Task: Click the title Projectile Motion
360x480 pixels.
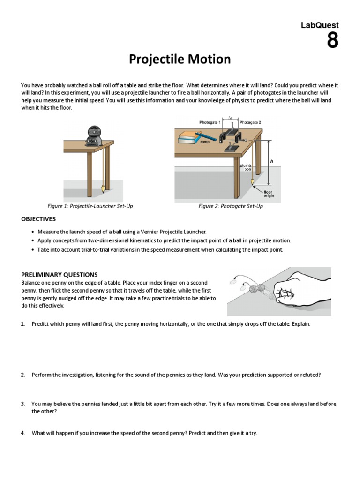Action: click(x=180, y=60)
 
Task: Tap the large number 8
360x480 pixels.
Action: click(x=332, y=41)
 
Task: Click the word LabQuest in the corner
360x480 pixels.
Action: click(x=319, y=25)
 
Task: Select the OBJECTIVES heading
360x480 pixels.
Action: click(x=38, y=219)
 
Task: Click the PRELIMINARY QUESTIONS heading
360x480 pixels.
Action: click(x=60, y=275)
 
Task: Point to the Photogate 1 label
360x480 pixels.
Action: click(x=210, y=122)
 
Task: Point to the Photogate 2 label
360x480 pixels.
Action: click(x=250, y=122)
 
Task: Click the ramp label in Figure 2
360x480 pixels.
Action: click(x=205, y=141)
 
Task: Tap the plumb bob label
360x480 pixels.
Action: click(x=246, y=167)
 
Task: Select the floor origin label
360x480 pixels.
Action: click(x=269, y=194)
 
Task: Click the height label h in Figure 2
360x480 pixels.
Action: click(x=271, y=161)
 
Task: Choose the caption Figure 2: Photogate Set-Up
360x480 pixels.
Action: click(x=231, y=206)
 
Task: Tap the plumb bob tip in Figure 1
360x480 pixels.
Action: click(x=103, y=190)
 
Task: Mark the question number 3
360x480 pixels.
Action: click(x=22, y=404)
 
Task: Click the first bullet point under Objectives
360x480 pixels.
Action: click(x=32, y=232)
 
